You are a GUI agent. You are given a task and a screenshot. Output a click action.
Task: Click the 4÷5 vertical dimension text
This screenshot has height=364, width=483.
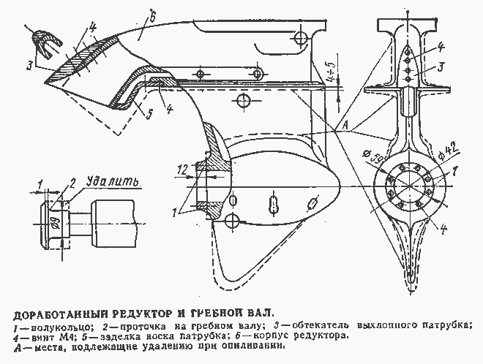point(331,76)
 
